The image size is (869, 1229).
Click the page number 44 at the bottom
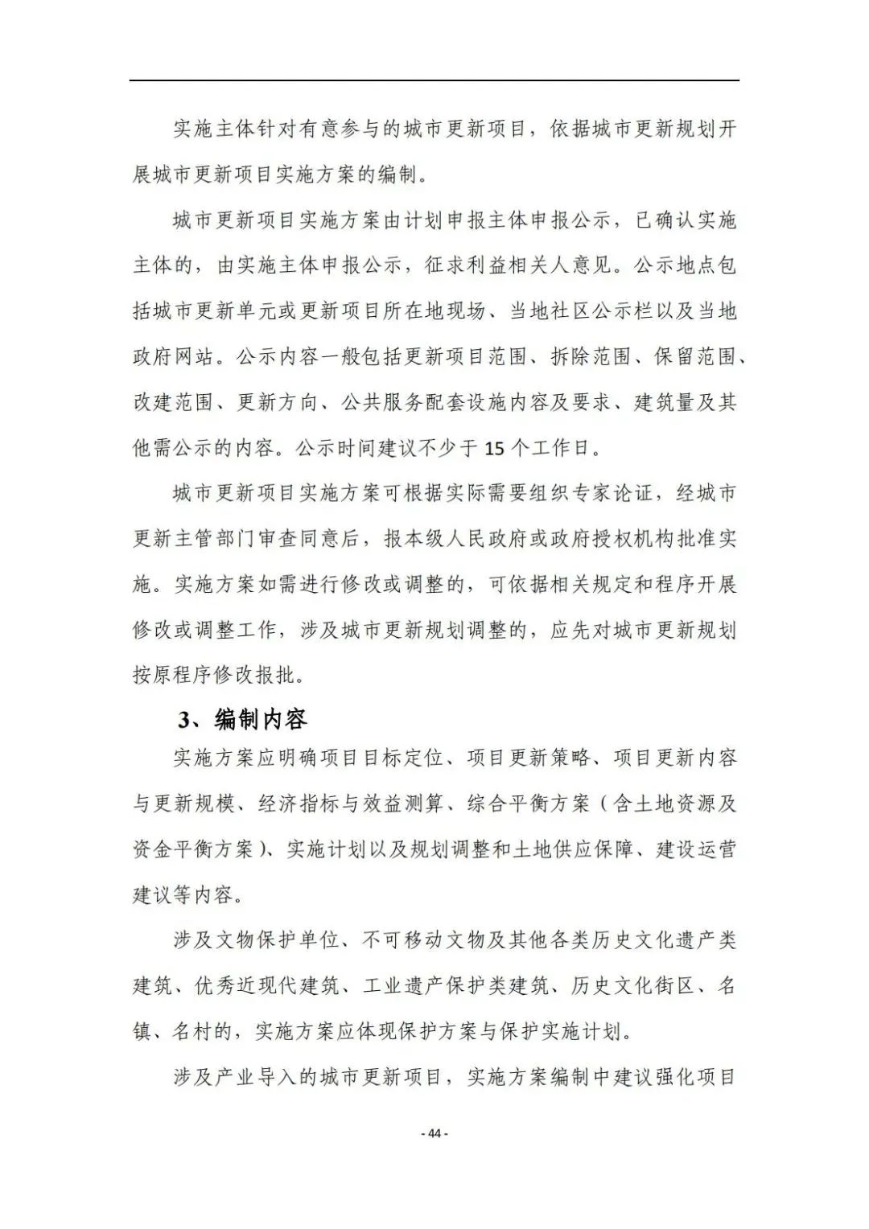point(434,1133)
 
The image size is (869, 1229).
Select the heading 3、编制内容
point(242,718)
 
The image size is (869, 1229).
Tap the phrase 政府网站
point(174,356)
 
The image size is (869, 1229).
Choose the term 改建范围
point(174,402)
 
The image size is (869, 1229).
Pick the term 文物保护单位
point(277,939)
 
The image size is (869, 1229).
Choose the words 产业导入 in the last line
point(257,1076)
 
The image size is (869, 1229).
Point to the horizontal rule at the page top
point(434,80)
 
